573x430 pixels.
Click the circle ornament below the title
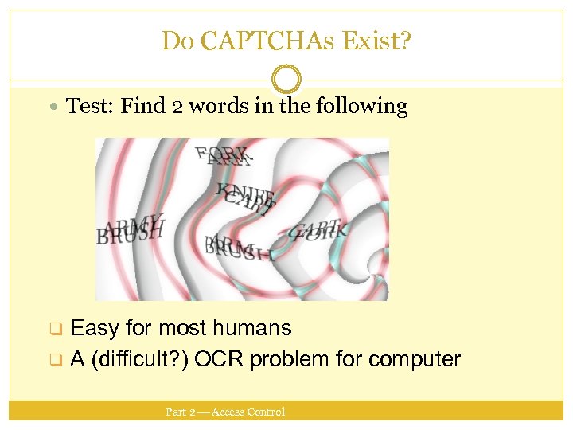click(286, 80)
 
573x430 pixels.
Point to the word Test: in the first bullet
click(90, 106)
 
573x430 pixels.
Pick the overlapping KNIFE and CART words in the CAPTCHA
click(247, 196)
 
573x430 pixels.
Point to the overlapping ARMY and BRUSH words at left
click(131, 229)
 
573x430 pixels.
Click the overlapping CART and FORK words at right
click(318, 231)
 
